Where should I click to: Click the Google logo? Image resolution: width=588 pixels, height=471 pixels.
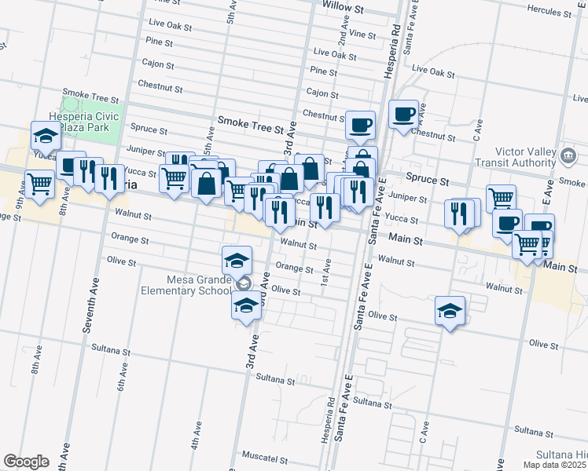coord(26,462)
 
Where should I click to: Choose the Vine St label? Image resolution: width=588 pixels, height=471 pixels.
coord(362,34)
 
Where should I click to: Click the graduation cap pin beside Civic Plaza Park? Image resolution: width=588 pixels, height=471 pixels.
coord(45,136)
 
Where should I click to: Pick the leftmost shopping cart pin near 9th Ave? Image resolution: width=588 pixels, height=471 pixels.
coord(39,184)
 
